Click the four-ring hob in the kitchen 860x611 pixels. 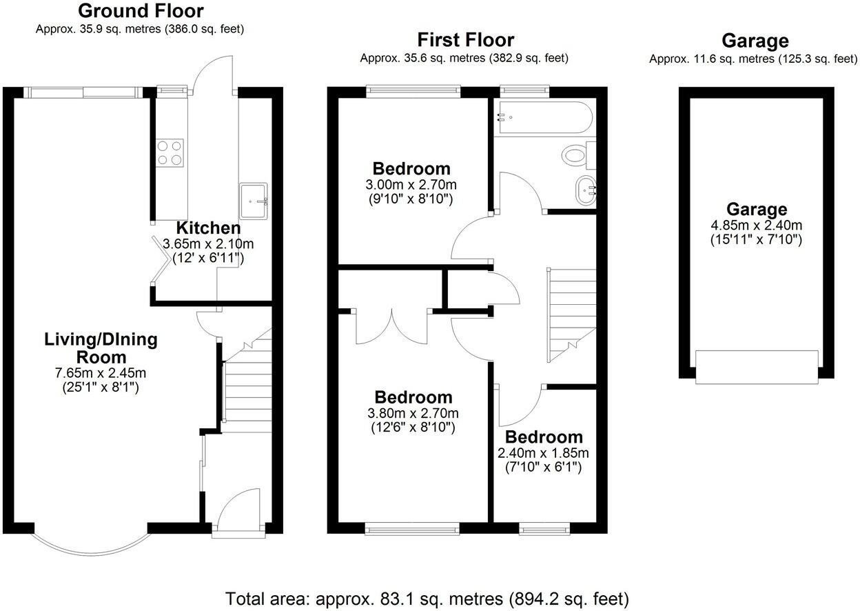(x=170, y=152)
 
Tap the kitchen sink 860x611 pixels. (x=254, y=200)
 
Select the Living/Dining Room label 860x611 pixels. (x=101, y=348)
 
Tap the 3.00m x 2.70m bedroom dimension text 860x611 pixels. (x=412, y=185)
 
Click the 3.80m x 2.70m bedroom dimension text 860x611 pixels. (x=413, y=414)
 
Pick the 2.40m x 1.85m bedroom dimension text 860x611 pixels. (x=544, y=453)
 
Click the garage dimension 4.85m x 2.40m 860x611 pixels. (x=756, y=225)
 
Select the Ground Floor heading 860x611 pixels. (x=141, y=11)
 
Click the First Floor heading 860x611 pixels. (x=466, y=40)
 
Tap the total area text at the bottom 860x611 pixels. (x=427, y=598)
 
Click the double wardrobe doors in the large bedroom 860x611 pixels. (x=393, y=327)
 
